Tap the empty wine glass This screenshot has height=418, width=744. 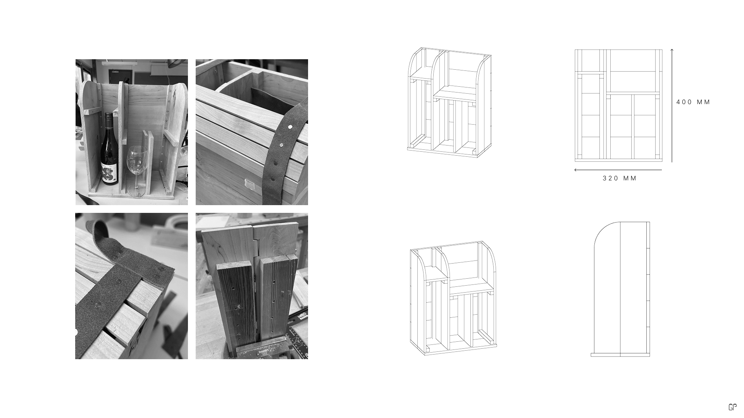tap(137, 170)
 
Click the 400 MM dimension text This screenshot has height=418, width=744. tap(693, 102)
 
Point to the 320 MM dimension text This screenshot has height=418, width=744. tap(620, 178)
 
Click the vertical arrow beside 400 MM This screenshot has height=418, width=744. tap(672, 105)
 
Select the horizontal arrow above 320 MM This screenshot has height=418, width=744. tap(618, 170)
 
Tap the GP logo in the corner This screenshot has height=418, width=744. tap(732, 407)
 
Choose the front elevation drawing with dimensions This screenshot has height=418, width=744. tap(618, 105)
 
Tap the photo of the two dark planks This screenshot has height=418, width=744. tap(252, 286)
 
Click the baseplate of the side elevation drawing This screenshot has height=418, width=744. tap(620, 355)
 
